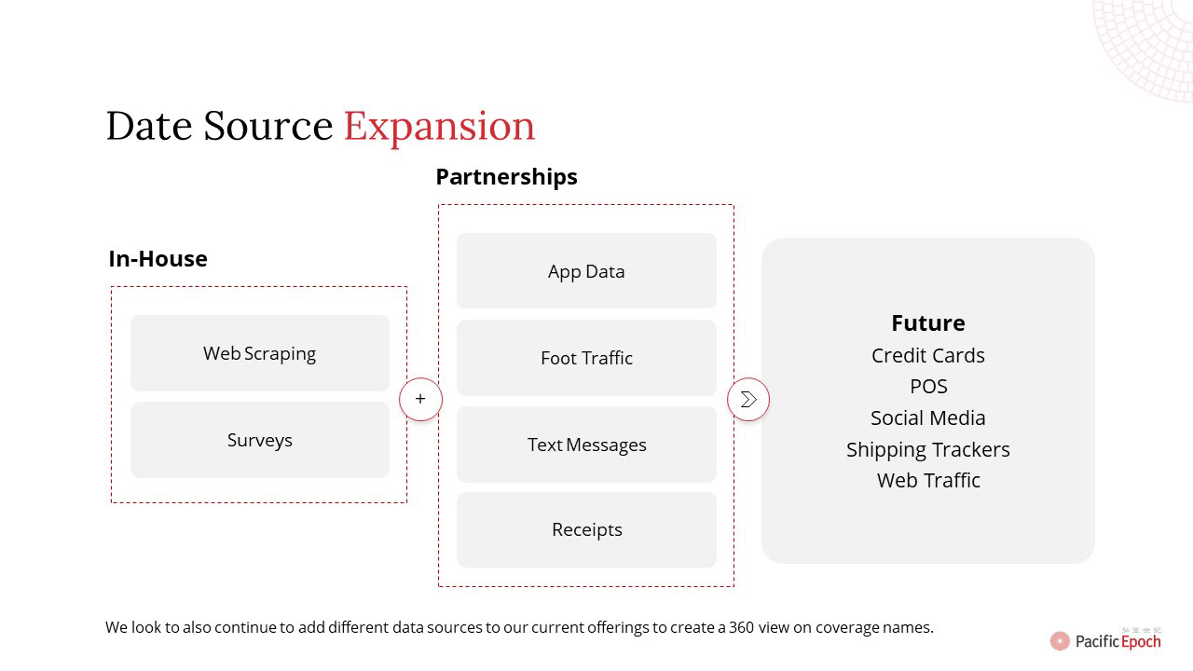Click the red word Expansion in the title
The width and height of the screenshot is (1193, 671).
(439, 128)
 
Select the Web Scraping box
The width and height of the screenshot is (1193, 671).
(260, 353)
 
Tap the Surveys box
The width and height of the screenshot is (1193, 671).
(260, 440)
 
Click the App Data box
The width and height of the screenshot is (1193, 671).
(586, 271)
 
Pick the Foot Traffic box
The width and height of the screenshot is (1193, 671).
(586, 358)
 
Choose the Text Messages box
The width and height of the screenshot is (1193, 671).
(586, 445)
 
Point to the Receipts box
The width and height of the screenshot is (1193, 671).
(586, 530)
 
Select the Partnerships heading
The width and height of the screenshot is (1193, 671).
(506, 177)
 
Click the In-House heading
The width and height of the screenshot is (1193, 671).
(158, 259)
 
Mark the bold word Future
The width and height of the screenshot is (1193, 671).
(928, 323)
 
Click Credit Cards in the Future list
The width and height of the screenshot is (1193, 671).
(928, 355)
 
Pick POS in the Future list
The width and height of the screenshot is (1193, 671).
(928, 387)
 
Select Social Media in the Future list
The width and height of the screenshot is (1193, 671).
(928, 418)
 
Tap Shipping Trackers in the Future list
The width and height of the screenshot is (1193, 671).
(928, 450)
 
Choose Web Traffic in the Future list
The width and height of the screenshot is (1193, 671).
(928, 480)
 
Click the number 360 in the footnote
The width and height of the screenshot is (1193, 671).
(741, 627)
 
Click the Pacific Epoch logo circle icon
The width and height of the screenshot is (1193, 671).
(1060, 640)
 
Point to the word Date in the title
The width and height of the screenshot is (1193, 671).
(149, 126)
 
